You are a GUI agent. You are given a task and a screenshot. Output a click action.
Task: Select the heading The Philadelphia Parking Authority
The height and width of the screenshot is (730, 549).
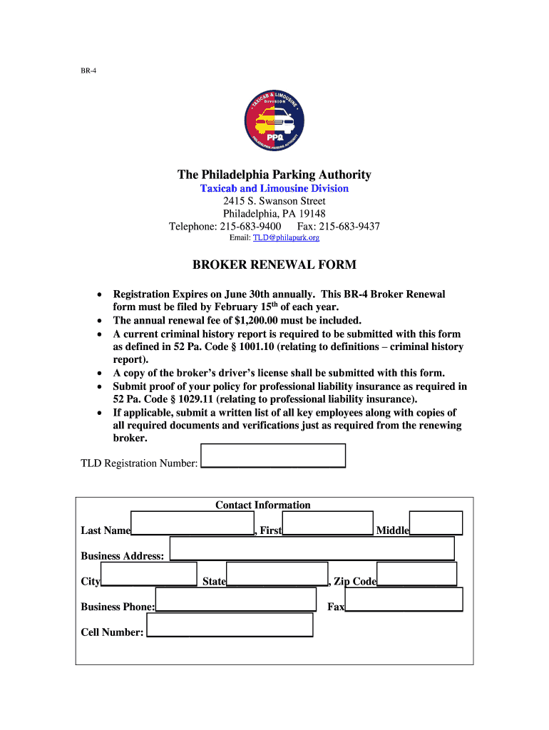[x=274, y=175]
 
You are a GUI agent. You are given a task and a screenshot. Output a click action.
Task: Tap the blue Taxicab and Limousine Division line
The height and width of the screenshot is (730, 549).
[x=274, y=188]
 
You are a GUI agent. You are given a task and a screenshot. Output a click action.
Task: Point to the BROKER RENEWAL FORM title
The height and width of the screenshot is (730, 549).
[x=274, y=265]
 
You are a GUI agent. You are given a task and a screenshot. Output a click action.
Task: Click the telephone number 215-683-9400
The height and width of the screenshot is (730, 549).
[x=246, y=227]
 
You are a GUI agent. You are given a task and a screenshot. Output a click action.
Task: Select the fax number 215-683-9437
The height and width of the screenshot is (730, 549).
[x=348, y=227]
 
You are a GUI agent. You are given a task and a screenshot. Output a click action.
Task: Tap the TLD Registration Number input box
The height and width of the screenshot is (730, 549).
[x=274, y=456]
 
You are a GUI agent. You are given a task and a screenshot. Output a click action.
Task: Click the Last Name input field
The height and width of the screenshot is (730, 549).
[x=193, y=523]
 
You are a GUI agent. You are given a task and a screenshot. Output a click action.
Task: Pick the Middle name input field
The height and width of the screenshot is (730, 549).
[x=436, y=523]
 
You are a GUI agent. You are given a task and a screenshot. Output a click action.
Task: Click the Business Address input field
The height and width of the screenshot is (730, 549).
[x=312, y=548]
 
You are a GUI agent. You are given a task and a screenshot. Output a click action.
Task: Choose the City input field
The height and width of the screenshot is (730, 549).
[x=149, y=574]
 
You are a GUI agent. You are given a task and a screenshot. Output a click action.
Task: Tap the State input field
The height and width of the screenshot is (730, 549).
[x=277, y=574]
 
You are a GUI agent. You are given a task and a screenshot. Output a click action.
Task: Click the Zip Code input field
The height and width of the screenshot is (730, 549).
[x=416, y=574]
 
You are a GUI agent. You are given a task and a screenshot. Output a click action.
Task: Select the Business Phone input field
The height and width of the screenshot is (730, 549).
[x=235, y=600]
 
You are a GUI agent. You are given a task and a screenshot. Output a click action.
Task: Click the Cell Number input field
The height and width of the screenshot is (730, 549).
[x=229, y=624]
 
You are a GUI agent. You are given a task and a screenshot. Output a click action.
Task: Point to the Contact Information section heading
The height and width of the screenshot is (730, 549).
[x=263, y=505]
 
